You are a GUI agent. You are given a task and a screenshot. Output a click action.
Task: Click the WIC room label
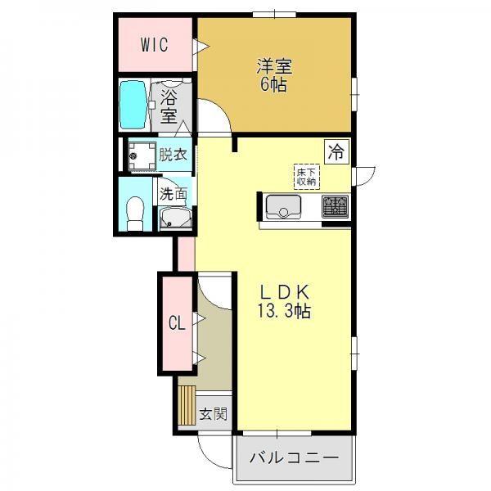click(x=155, y=45)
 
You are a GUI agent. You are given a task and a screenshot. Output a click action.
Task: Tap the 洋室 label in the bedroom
click(x=274, y=66)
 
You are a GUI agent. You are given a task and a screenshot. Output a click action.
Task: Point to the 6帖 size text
click(x=273, y=84)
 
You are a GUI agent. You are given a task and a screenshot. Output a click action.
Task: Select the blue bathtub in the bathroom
click(x=133, y=105)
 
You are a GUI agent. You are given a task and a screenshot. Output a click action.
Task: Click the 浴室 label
click(x=169, y=107)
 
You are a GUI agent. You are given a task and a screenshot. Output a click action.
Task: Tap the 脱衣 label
click(x=173, y=155)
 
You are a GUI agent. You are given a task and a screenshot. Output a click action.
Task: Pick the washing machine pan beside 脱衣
click(x=142, y=155)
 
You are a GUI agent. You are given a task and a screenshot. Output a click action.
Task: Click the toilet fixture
click(x=135, y=214)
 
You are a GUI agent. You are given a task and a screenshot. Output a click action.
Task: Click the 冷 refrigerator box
click(x=336, y=152)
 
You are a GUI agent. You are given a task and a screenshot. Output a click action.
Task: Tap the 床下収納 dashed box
click(x=307, y=177)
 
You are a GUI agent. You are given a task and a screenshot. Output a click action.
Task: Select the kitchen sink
click(x=283, y=207)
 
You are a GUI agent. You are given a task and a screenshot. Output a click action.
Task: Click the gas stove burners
click(x=335, y=207)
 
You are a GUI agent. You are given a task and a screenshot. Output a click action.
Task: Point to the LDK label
click(x=284, y=292)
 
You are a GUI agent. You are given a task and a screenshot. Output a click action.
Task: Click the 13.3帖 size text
click(x=284, y=311)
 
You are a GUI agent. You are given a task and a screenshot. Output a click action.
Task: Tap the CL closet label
click(x=177, y=323)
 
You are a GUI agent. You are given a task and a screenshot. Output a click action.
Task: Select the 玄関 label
click(x=214, y=414)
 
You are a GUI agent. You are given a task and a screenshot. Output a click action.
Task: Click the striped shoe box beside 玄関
click(x=187, y=405)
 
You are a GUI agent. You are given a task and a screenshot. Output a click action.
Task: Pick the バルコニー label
click(x=294, y=458)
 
